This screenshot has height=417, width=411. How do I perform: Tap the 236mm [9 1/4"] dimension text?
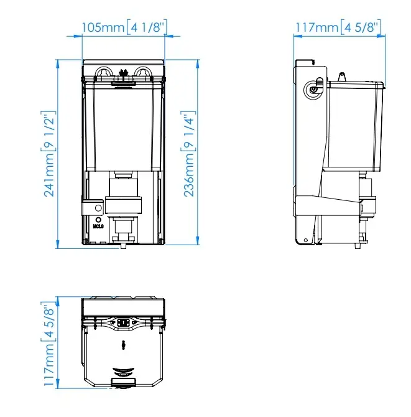coord(190,154)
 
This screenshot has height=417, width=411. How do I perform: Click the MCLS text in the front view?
coord(98,227)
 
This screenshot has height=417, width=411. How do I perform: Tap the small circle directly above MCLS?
coord(99,220)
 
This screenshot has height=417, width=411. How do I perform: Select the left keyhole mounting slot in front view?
coord(103,72)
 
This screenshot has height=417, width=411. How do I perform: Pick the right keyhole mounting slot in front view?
coord(142,72)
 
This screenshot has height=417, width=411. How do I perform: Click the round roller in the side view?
coord(313,90)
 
